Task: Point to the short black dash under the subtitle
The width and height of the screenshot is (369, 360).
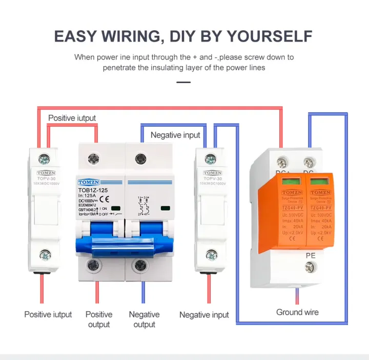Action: coord(183,82)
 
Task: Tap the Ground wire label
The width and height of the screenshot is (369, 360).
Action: coord(297,312)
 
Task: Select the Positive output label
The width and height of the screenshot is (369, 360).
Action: coord(99,319)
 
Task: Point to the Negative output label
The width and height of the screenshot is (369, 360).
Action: coord(144,319)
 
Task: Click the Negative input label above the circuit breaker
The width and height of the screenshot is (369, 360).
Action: coord(175,135)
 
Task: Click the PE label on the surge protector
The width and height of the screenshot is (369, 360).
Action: coord(310,255)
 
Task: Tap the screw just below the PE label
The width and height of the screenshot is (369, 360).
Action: coord(309,267)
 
